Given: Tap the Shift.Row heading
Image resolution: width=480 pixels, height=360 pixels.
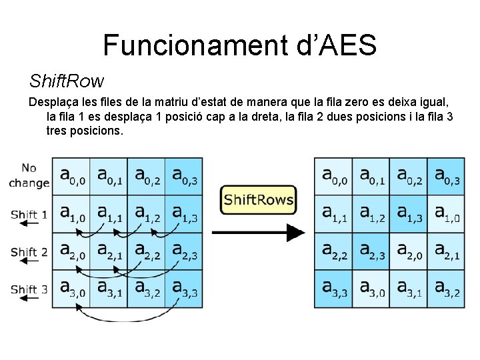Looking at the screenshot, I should pyautogui.click(x=67, y=81).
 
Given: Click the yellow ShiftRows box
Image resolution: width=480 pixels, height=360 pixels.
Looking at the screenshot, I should pyautogui.click(x=258, y=199).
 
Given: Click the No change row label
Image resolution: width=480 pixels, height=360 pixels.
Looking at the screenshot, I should pyautogui.click(x=29, y=175).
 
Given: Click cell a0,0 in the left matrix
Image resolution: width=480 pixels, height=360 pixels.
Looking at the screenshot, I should pyautogui.click(x=71, y=175).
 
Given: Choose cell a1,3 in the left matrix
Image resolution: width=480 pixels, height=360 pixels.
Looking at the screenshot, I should pyautogui.click(x=183, y=213).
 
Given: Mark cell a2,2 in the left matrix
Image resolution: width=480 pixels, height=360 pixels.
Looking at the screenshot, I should pyautogui.click(x=146, y=251).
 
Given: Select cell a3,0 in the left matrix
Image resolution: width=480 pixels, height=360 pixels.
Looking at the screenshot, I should pyautogui.click(x=71, y=289).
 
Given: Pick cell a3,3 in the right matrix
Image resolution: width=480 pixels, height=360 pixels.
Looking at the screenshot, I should pyautogui.click(x=333, y=289).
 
